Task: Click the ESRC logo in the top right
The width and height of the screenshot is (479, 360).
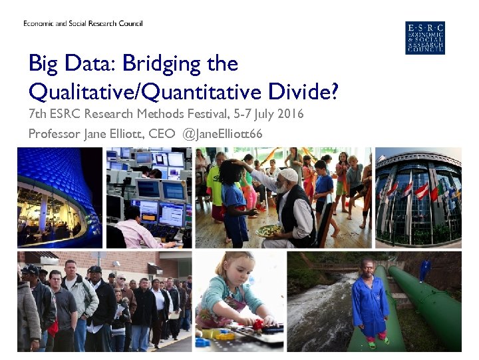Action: (x=424, y=38)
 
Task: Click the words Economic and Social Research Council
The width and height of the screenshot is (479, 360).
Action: (x=83, y=24)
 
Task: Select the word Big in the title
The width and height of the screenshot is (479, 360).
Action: (x=43, y=65)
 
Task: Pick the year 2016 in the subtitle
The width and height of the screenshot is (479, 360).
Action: (x=291, y=114)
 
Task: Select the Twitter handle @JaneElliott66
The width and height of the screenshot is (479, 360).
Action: (x=222, y=134)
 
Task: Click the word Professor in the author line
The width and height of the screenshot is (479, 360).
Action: (x=54, y=134)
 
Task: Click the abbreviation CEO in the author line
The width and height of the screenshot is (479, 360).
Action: (x=162, y=134)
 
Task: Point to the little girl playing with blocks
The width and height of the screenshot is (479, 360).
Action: (x=229, y=293)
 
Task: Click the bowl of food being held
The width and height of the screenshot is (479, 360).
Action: (x=269, y=230)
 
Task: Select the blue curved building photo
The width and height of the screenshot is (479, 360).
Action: (x=60, y=197)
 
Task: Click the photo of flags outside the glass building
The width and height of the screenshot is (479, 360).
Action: (x=418, y=197)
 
